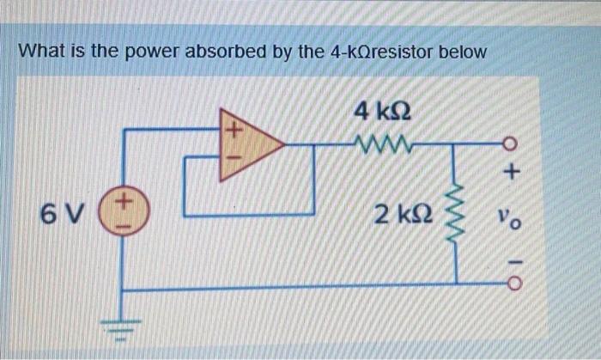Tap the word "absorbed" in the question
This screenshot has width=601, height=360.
240,52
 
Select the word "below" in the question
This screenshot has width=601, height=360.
463,52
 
